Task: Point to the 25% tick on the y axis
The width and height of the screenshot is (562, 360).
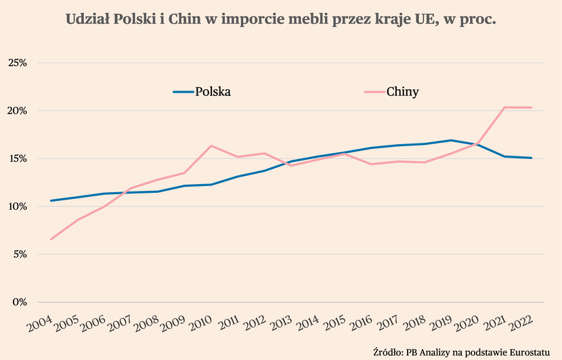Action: (x=16, y=63)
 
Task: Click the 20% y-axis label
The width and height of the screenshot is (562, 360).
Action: (x=16, y=111)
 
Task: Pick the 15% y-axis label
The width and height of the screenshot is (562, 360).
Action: (x=16, y=159)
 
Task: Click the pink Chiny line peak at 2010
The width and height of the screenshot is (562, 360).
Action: (x=211, y=146)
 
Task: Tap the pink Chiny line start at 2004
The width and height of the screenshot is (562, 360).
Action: (x=51, y=239)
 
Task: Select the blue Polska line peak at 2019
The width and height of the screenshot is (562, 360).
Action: (x=451, y=140)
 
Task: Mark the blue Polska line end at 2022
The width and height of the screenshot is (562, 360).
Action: (x=531, y=158)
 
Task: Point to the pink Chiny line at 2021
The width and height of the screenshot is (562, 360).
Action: (x=504, y=107)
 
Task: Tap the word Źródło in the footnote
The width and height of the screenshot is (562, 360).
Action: (x=387, y=352)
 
